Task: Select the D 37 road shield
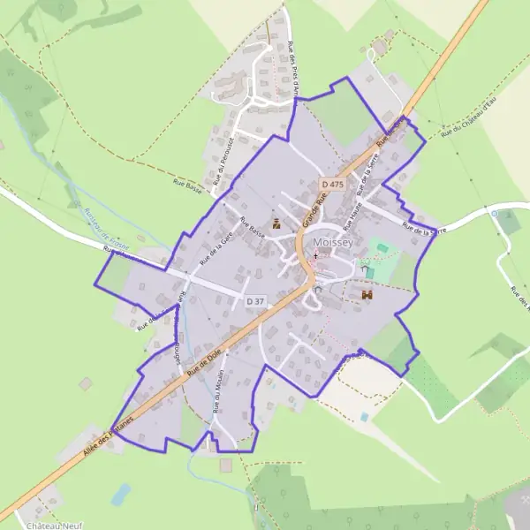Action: (255, 301)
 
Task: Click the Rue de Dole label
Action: (202, 363)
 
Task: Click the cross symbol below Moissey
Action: (315, 255)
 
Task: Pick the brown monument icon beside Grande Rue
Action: (276, 223)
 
